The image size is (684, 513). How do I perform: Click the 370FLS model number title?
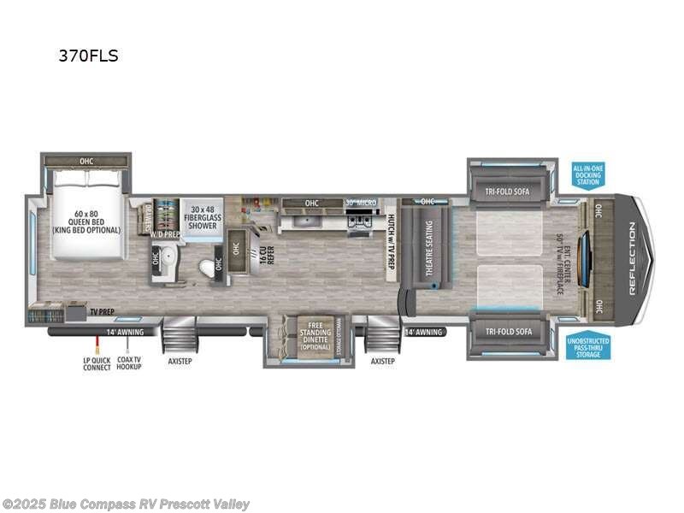click(88, 56)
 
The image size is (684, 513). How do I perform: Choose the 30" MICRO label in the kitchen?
click(361, 203)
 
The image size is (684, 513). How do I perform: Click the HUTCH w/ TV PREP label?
click(392, 242)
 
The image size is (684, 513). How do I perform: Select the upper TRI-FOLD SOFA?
click(509, 192)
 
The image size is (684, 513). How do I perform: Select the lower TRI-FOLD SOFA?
click(509, 332)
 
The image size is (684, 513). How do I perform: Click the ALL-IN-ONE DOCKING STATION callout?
click(588, 175)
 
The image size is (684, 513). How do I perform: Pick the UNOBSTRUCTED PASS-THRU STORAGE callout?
click(588, 345)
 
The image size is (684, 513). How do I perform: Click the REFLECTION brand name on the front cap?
click(633, 258)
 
